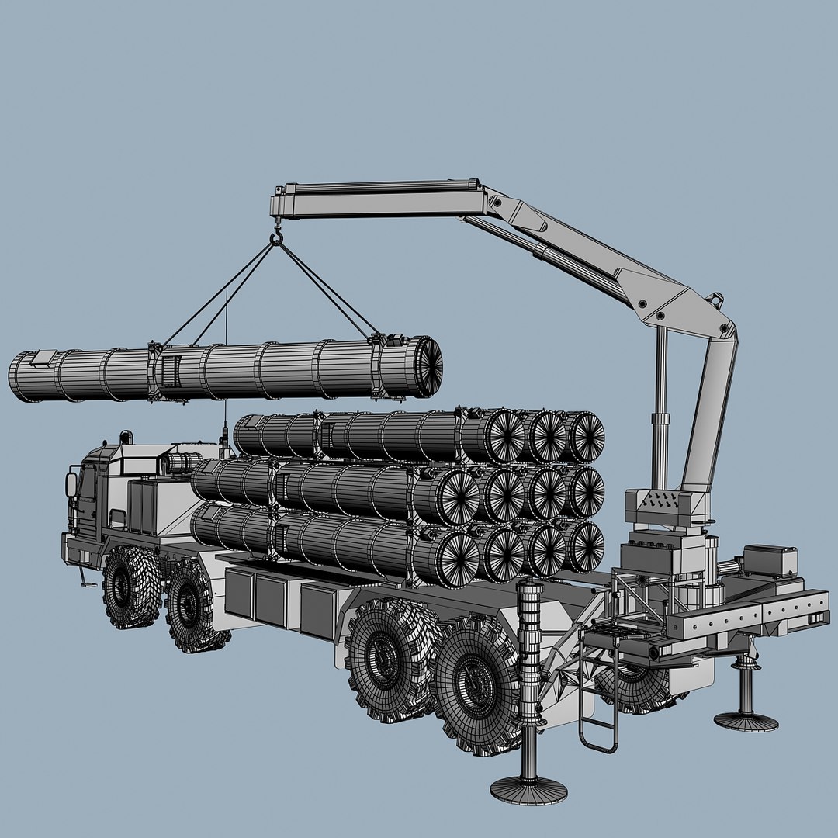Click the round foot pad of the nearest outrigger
pos(528,789)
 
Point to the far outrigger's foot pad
pos(746,721)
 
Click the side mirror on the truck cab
pos(72,486)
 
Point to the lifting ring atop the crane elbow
pos(718,297)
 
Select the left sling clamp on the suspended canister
pos(155,372)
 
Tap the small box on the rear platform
pos(770,560)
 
